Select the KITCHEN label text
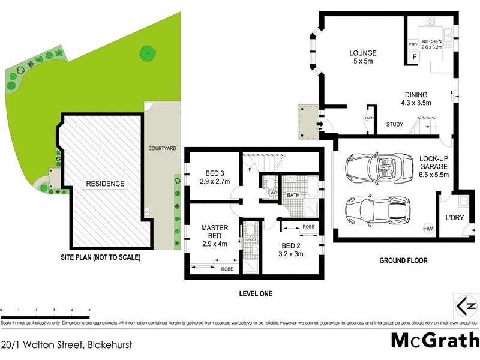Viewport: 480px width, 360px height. click(x=431, y=41)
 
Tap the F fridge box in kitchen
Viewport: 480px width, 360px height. click(x=413, y=57)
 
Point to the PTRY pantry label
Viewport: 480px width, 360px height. click(x=413, y=44)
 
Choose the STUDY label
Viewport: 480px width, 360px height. click(x=394, y=125)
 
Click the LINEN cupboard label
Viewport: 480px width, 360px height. click(x=368, y=118)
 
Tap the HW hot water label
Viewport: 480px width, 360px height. click(x=428, y=229)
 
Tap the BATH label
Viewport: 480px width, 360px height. click(x=293, y=195)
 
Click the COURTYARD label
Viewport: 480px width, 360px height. click(x=162, y=148)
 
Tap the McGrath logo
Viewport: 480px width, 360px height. click(x=434, y=340)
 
